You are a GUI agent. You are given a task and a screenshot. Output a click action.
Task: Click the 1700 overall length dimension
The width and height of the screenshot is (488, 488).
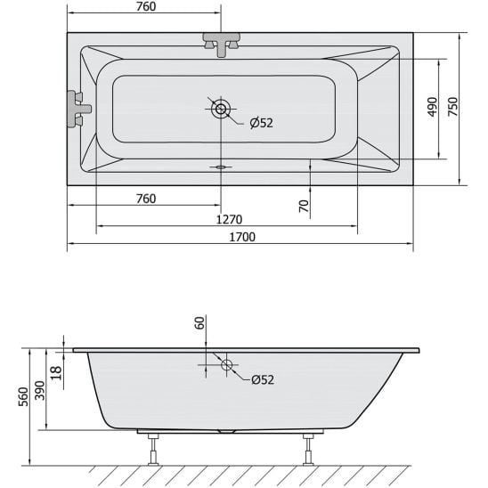[x=242, y=237]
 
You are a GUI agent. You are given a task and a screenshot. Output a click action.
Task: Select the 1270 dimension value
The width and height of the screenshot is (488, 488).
[x=229, y=220]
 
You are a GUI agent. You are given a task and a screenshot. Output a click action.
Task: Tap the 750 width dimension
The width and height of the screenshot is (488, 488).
[x=453, y=107]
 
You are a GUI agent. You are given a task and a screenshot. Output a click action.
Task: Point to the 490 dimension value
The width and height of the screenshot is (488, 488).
[x=432, y=107]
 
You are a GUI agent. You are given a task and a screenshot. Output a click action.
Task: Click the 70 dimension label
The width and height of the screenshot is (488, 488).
[x=304, y=206]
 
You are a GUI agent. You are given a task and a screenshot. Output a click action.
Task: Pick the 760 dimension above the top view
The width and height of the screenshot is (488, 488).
[x=146, y=6]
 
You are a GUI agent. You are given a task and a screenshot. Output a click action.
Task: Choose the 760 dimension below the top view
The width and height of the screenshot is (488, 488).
[x=146, y=199]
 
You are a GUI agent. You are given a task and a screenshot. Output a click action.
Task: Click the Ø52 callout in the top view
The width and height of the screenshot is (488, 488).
[x=262, y=123]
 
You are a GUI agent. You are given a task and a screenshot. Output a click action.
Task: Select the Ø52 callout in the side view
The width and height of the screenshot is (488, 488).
[x=263, y=379]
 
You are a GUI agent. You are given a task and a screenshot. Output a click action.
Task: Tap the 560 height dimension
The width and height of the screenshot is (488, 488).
[x=23, y=396]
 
